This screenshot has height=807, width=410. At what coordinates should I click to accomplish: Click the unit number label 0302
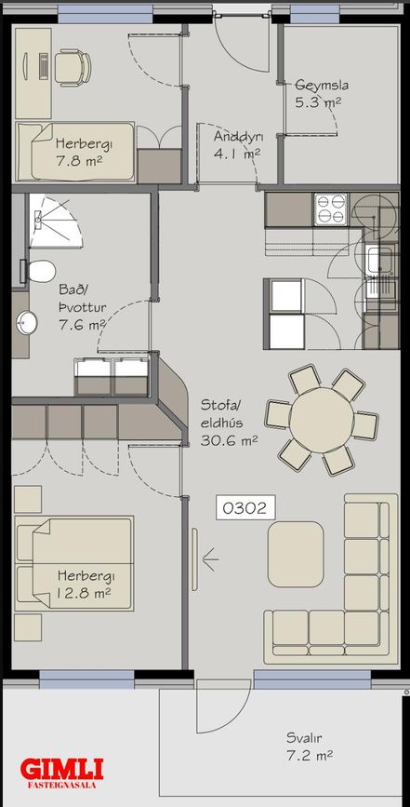point(245,508)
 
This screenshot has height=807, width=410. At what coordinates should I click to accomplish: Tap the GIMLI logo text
point(61,770)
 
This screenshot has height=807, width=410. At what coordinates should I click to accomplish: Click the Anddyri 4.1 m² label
point(238,144)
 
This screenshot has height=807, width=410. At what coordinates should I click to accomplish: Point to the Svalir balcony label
point(309,746)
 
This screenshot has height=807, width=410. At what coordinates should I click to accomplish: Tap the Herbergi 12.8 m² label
point(85,584)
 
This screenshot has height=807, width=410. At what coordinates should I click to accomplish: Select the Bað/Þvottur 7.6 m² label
point(82,308)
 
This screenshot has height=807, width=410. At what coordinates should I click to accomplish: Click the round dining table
point(322,420)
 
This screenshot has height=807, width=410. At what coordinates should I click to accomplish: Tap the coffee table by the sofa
point(296,555)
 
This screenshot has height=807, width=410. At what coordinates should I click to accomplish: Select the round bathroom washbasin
point(26,323)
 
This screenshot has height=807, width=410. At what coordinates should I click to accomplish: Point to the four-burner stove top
point(330,208)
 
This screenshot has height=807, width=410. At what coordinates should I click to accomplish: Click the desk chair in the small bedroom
point(73,67)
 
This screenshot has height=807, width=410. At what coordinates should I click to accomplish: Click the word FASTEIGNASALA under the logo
point(61,786)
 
